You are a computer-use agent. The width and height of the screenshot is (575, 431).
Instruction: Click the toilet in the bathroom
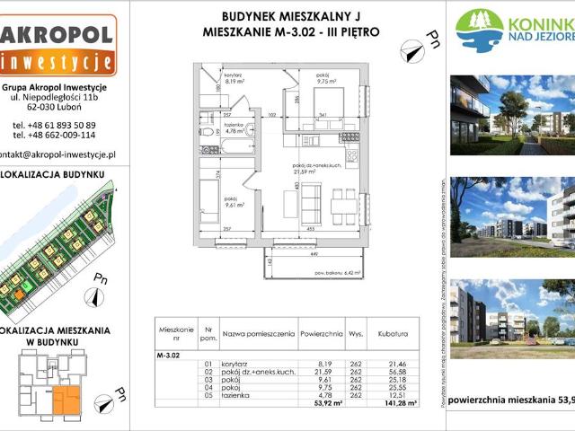tap(207, 132)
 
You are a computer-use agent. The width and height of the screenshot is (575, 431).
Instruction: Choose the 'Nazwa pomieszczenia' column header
tap(259, 332)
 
